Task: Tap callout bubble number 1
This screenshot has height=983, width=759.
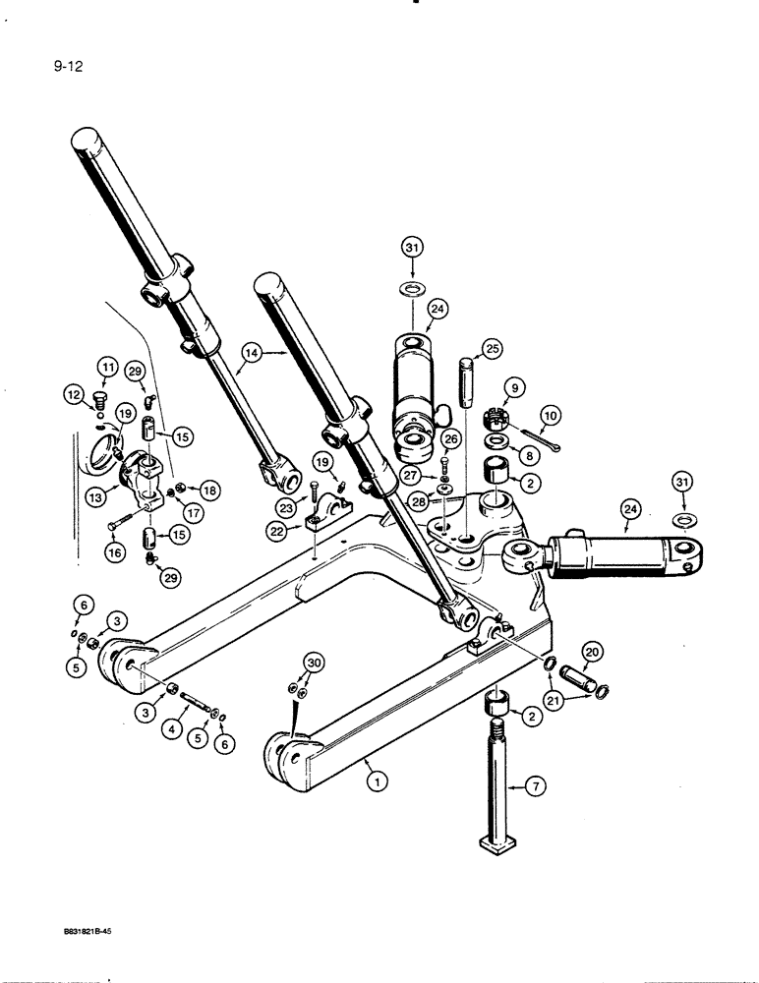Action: pyautogui.click(x=375, y=781)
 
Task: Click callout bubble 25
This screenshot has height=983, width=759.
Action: pyautogui.click(x=489, y=349)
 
